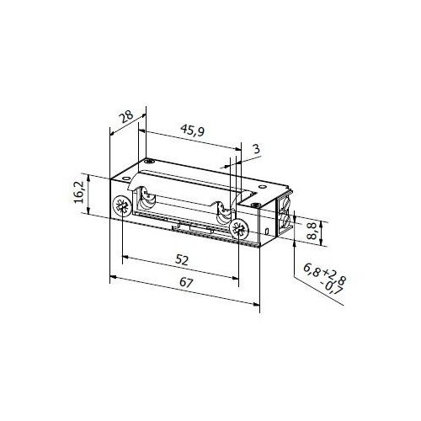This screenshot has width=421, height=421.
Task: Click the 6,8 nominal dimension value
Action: click(311, 271)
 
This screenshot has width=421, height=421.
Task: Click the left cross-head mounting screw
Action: click(123, 207)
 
